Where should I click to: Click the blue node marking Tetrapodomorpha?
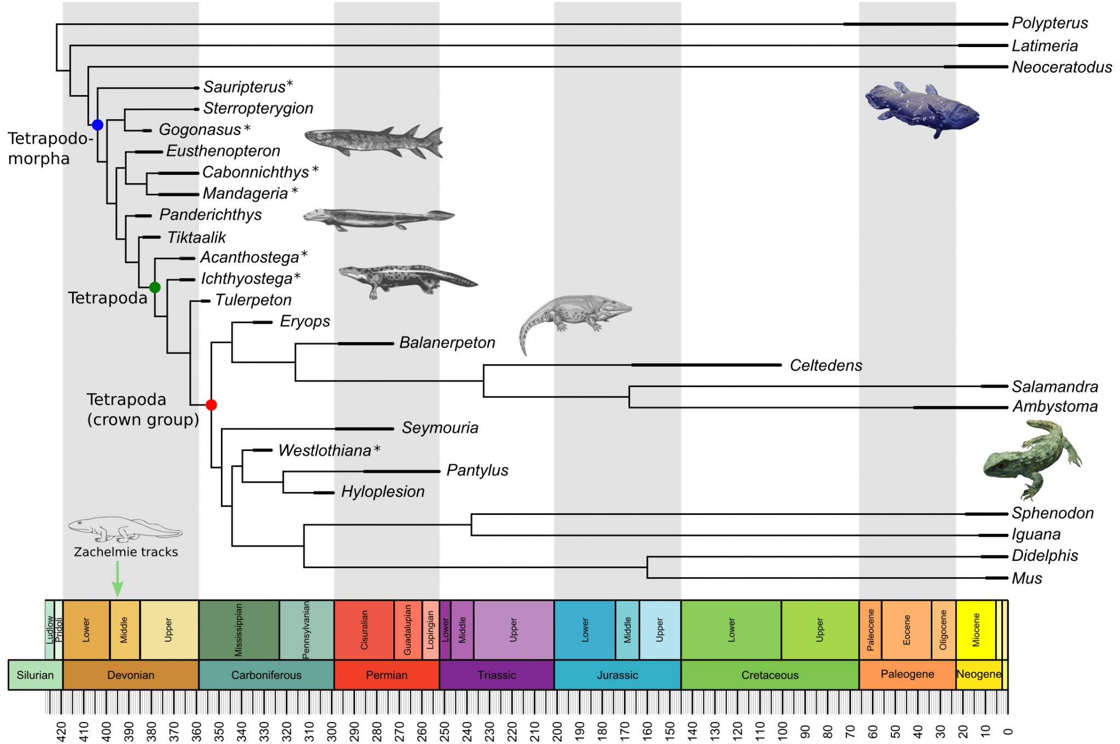click(x=97, y=125)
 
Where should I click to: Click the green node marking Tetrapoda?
click(x=155, y=287)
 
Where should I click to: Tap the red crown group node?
click(x=211, y=405)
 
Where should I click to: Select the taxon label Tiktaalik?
click(x=196, y=237)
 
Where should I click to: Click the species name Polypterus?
click(x=1049, y=23)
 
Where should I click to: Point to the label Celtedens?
click(x=826, y=365)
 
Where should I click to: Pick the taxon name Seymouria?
click(x=440, y=427)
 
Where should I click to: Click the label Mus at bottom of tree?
click(x=1026, y=578)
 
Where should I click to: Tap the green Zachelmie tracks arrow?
click(x=117, y=579)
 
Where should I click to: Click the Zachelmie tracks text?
click(x=126, y=552)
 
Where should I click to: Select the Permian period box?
click(x=387, y=675)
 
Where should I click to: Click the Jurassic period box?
click(x=617, y=675)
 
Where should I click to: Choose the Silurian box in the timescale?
click(x=35, y=675)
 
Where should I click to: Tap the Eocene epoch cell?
click(x=906, y=630)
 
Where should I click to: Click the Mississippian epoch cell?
click(x=238, y=630)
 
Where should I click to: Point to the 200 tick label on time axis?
click(x=557, y=731)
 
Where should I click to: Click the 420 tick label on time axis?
click(x=61, y=731)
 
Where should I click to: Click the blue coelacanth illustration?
click(x=922, y=109)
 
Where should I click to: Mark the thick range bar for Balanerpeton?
click(x=365, y=343)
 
